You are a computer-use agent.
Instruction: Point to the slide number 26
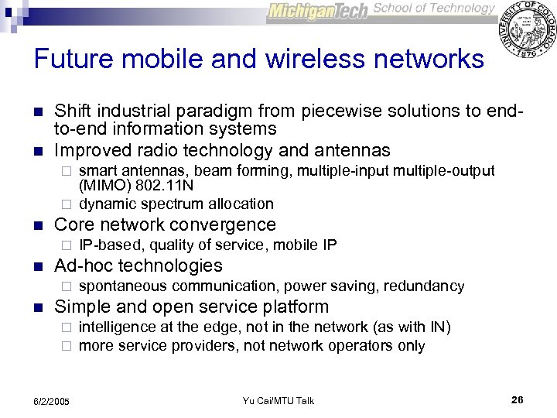tap(518, 399)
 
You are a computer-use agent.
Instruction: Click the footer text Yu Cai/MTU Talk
tap(278, 400)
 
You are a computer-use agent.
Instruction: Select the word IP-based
tap(111, 245)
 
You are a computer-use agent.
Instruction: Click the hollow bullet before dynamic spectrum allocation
tap(67, 204)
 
